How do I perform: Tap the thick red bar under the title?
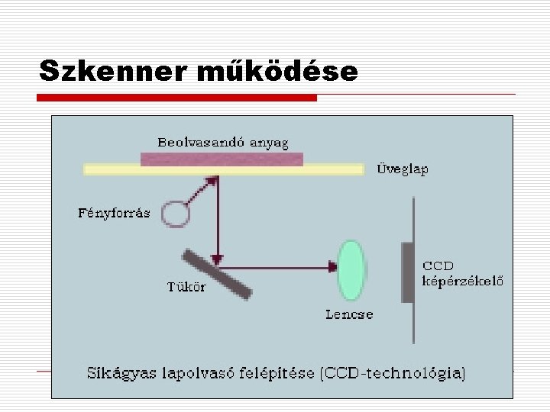coord(177,98)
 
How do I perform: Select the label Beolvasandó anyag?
coord(223,143)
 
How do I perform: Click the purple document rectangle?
coord(222,159)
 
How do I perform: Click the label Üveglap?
coord(403,169)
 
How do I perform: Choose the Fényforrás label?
coord(114,213)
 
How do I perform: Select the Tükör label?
coord(186,287)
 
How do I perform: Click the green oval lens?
coord(352,269)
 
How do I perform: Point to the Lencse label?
coord(349,314)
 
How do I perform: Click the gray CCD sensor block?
coord(407,272)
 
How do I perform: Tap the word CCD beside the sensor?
coord(438,266)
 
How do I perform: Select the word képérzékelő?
coord(463,280)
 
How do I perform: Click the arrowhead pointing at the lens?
coord(332,266)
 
